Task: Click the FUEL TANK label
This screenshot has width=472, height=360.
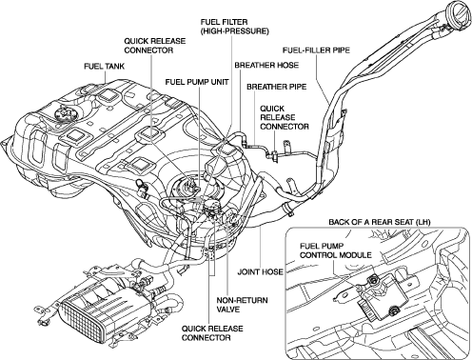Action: click(104, 67)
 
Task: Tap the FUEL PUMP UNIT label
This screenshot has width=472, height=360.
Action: click(197, 82)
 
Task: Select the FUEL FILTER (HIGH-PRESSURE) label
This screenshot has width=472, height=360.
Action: click(234, 27)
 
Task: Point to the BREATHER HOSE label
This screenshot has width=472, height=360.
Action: click(266, 65)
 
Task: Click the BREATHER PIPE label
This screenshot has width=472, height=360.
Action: click(277, 87)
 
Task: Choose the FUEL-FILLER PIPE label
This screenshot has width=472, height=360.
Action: click(316, 50)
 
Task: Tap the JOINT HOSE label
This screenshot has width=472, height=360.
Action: click(260, 271)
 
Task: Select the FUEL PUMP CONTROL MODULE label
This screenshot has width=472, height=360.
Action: click(336, 250)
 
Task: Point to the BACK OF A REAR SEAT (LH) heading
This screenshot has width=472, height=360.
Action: click(380, 222)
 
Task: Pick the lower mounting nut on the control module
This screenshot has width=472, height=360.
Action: click(394, 310)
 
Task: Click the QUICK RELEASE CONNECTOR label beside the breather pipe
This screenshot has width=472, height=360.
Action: click(285, 117)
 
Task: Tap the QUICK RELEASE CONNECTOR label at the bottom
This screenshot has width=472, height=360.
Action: click(212, 333)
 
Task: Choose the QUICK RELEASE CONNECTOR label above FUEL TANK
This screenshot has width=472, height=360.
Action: click(155, 46)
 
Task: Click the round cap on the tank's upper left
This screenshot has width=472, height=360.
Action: click(64, 113)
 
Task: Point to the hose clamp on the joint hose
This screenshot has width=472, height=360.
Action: click(287, 209)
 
